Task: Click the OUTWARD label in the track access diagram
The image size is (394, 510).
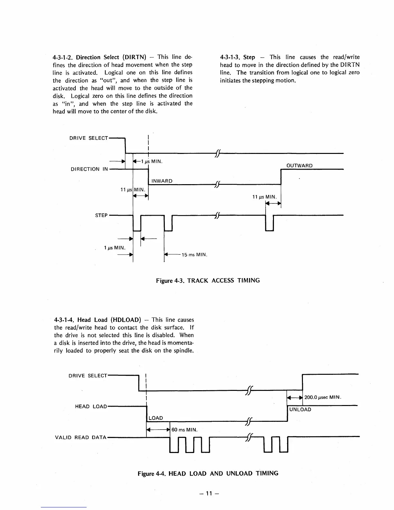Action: pyautogui.click(x=299, y=165)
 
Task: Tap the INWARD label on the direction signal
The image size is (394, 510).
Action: pyautogui.click(x=162, y=181)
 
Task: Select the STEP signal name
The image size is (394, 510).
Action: pyautogui.click(x=101, y=215)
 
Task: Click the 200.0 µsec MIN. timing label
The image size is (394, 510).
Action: pyautogui.click(x=323, y=397)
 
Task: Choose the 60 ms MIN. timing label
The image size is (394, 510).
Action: pyautogui.click(x=184, y=430)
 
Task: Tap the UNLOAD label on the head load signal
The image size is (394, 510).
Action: pyautogui.click(x=300, y=410)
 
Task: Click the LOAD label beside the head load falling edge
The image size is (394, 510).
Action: pyautogui.click(x=156, y=418)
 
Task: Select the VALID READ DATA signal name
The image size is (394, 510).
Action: pyautogui.click(x=80, y=437)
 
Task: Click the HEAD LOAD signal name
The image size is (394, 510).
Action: pyautogui.click(x=91, y=406)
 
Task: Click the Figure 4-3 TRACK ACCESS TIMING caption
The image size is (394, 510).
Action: pyautogui.click(x=208, y=280)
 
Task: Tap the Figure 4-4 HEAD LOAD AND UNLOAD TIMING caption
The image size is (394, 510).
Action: pyautogui.click(x=208, y=473)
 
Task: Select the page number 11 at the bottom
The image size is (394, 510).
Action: pyautogui.click(x=209, y=493)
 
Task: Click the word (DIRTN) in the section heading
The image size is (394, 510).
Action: pyautogui.click(x=135, y=57)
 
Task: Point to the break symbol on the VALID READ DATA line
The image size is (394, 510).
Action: pyautogui.click(x=248, y=437)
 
